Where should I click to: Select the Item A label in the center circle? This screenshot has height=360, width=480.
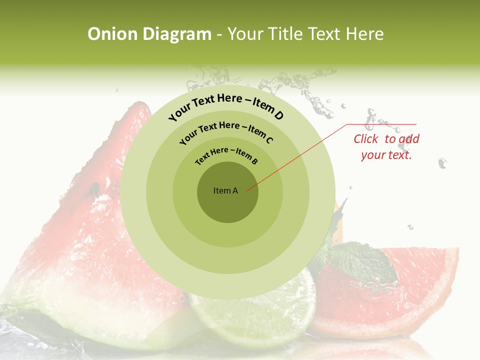pyautogui.click(x=225, y=190)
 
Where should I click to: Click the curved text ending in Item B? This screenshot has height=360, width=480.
pyautogui.click(x=226, y=154)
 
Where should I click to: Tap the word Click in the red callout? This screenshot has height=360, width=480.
pyautogui.click(x=366, y=139)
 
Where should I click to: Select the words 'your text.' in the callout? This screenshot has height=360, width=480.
pyautogui.click(x=386, y=155)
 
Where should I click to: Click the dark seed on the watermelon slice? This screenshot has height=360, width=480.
pyautogui.click(x=93, y=189)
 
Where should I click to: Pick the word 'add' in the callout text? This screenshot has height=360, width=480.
pyautogui.click(x=409, y=139)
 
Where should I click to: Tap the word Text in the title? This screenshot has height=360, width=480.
pyautogui.click(x=324, y=34)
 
